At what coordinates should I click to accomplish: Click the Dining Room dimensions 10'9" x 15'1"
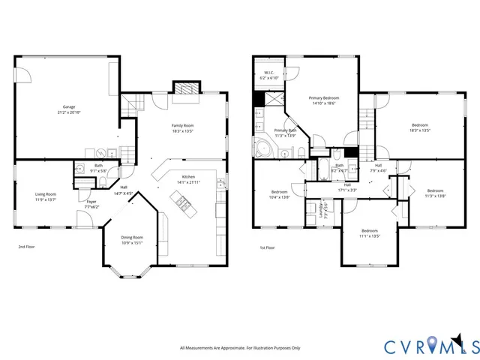pos(131,242)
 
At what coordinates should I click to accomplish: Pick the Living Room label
pos(46,194)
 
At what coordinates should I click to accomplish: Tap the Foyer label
pos(91,201)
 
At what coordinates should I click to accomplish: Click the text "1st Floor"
pos(267,247)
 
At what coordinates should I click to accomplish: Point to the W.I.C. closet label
pos(268,73)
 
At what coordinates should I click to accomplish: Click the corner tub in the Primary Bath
pos(264,147)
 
